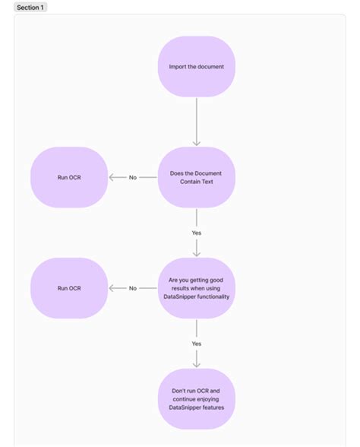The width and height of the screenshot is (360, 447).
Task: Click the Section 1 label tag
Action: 30,7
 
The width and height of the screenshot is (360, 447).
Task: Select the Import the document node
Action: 197,67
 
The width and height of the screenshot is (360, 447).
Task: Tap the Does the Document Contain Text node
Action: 197,177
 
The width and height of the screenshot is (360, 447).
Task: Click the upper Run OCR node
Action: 69,177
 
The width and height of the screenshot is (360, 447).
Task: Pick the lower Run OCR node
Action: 69,288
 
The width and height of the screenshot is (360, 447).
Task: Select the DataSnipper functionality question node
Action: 197,288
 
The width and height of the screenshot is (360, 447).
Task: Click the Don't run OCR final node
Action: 197,399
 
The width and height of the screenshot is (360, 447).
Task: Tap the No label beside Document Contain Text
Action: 133,177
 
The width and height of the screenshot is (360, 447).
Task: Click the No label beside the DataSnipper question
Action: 133,288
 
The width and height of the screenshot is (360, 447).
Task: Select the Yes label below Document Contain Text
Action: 197,233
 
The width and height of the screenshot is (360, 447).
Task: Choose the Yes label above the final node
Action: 197,344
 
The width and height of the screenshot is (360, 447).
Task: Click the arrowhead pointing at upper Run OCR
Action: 112,177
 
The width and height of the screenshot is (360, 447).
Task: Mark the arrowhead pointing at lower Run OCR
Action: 112,288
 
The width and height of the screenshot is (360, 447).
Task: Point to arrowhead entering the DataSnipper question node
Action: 197,253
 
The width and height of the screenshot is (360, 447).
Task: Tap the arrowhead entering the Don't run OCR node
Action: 197,364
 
